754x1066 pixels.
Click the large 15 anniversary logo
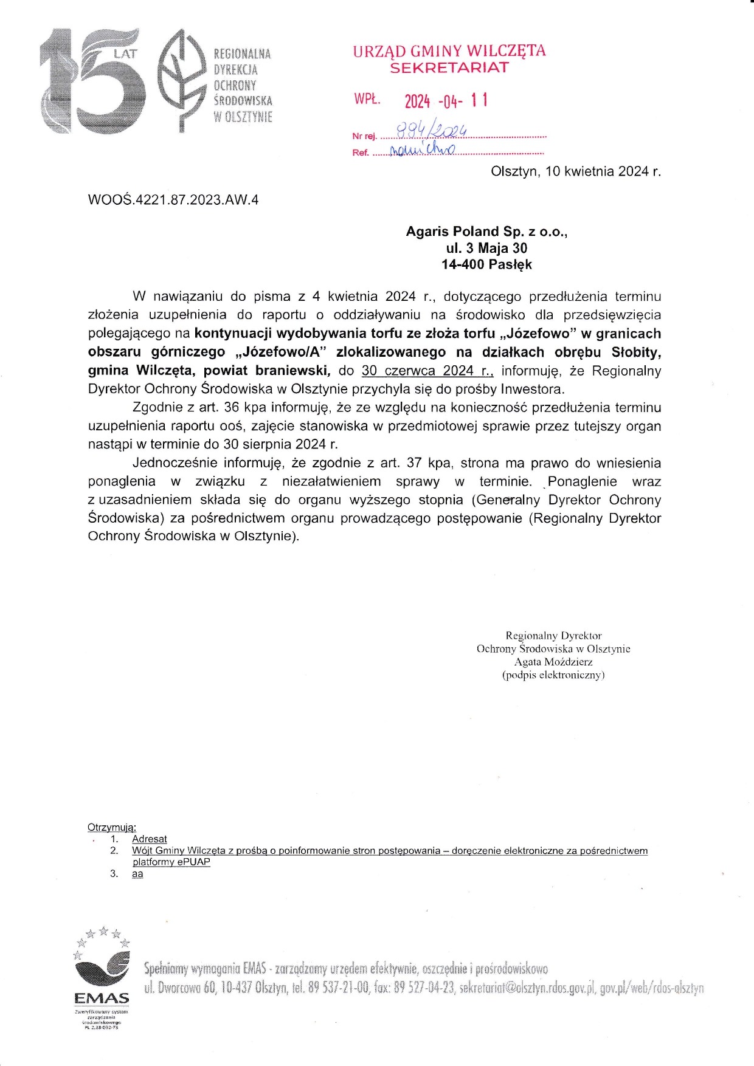click(x=91, y=81)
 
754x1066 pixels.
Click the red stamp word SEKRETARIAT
click(x=449, y=68)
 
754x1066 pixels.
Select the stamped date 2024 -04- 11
click(x=446, y=101)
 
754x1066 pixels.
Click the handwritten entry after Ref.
click(x=421, y=149)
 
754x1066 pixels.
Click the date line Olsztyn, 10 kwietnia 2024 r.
click(x=575, y=171)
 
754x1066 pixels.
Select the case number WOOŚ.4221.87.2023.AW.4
click(x=173, y=200)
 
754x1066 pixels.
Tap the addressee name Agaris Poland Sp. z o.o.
click(x=486, y=232)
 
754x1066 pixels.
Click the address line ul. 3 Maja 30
click(x=486, y=248)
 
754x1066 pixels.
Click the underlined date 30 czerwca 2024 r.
click(x=427, y=371)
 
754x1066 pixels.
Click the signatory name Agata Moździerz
click(x=553, y=662)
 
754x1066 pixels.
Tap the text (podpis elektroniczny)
click(x=553, y=675)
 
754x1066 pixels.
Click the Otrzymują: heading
click(x=112, y=827)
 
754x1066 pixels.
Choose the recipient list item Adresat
click(x=150, y=839)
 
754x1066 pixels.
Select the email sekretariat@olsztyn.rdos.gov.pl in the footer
click(x=527, y=988)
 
